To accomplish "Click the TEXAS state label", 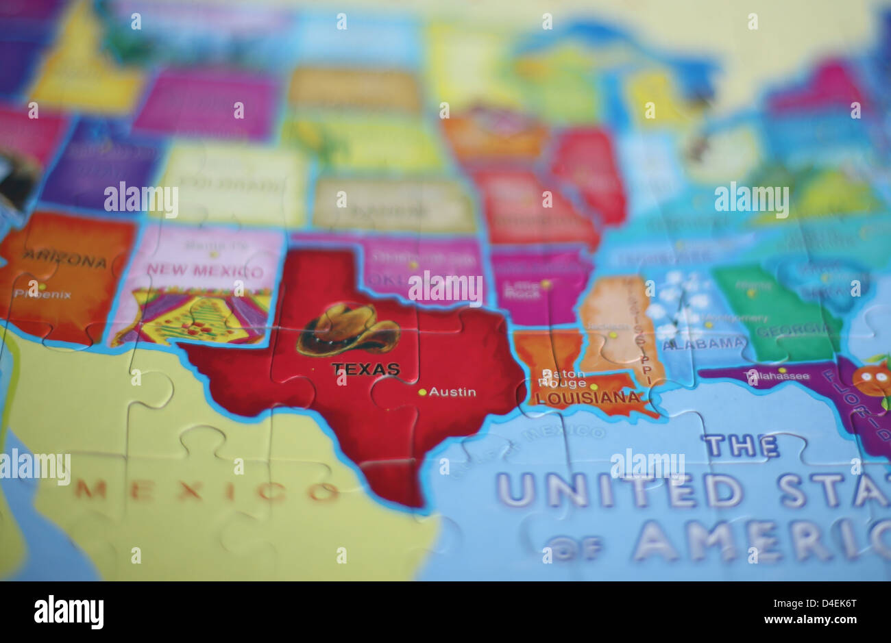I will pos(365,369).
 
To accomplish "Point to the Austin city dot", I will pos(422,392).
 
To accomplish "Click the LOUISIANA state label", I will pos(587,397).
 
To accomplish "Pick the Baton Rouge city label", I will pos(563,379).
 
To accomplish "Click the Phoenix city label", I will pos(42,294).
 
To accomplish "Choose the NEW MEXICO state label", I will pos(204,271).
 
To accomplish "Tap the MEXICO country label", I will pos(206,490).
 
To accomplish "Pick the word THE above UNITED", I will pos(740,446).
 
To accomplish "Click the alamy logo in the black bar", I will pos(69,612).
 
